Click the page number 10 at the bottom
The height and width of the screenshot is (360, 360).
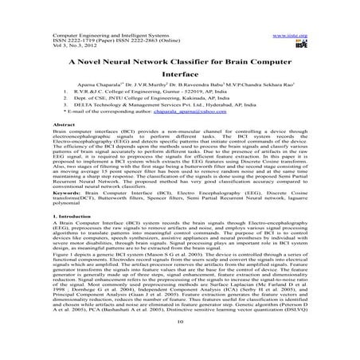point(180,344)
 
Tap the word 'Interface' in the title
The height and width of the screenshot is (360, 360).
point(180,80)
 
